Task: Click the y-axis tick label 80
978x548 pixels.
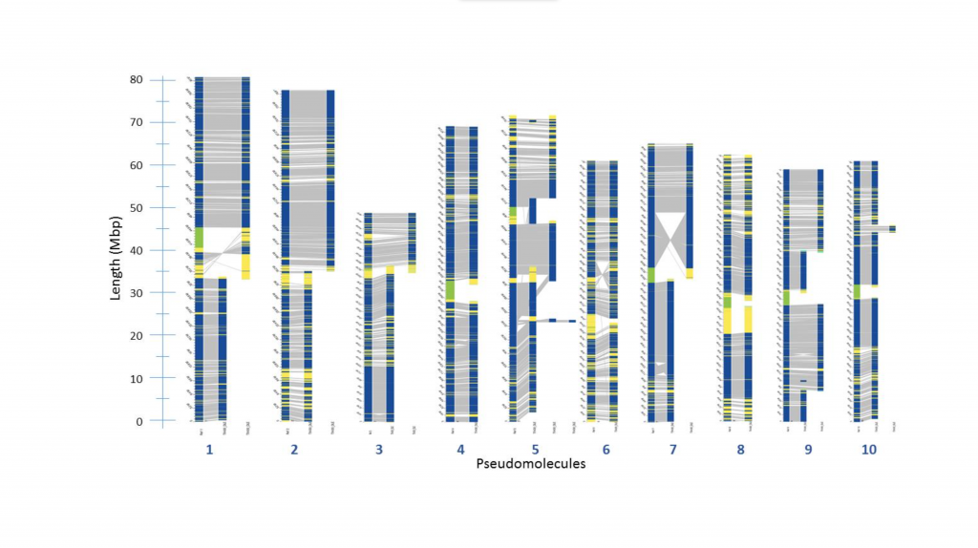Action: (138, 79)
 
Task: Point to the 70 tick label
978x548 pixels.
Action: (138, 122)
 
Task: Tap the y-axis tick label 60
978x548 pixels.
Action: (138, 165)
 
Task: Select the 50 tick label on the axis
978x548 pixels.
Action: (138, 207)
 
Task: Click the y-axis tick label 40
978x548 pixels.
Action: (138, 250)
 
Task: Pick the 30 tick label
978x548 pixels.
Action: (138, 293)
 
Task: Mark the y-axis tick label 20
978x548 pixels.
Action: (138, 335)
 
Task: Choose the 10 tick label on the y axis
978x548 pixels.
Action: (138, 378)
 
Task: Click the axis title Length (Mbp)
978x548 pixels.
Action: (116, 250)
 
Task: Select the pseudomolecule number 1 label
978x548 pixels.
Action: (209, 449)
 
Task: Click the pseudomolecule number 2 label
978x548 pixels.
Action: (294, 449)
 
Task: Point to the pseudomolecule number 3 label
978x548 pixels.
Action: (379, 449)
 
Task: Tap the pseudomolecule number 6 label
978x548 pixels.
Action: (606, 449)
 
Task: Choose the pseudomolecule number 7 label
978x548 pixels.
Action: (668, 449)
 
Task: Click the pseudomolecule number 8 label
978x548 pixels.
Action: (740, 449)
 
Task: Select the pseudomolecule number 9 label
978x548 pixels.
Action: (808, 449)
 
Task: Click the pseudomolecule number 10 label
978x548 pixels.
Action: (868, 449)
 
